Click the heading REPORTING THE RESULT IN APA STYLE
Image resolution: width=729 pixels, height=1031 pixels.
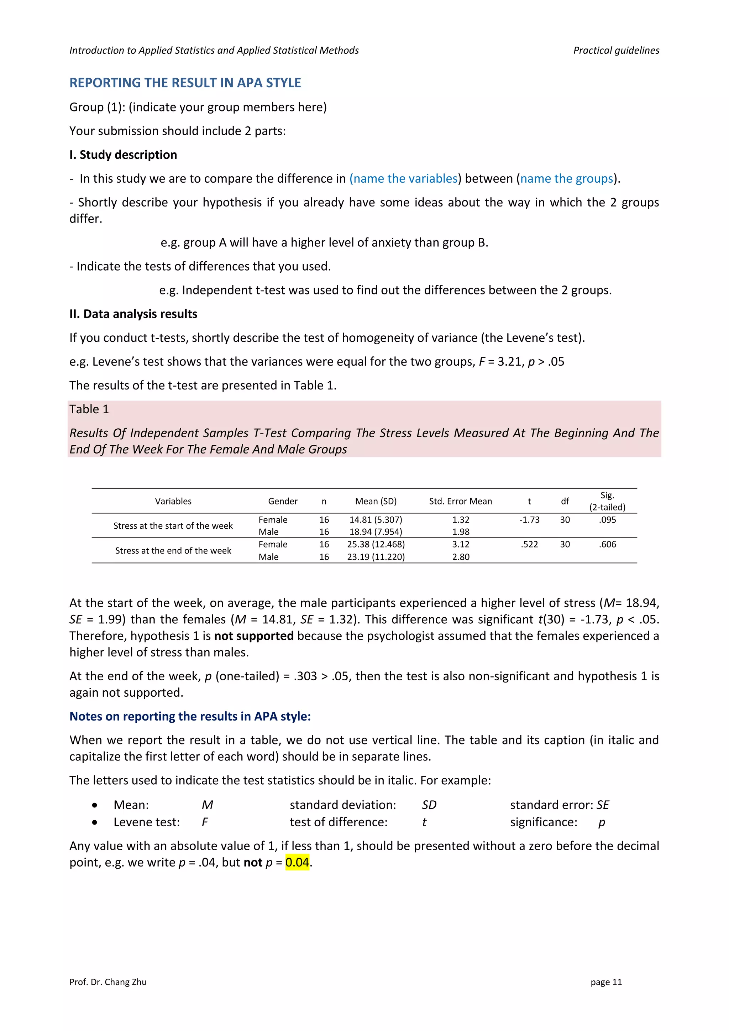coord(185,83)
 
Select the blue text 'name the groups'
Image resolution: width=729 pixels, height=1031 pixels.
coord(566,179)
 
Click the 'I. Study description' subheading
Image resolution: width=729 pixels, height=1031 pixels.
coord(123,155)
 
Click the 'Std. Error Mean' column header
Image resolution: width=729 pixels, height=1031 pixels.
coord(460,501)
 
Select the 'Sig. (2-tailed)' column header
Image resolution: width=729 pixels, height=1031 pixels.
coord(607,501)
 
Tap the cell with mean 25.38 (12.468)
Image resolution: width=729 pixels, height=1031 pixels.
coord(376,544)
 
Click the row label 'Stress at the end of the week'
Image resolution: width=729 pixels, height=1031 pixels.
coord(173,550)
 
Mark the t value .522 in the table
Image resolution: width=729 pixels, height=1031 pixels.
coord(529,544)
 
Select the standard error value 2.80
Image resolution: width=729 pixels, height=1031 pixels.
coord(461,557)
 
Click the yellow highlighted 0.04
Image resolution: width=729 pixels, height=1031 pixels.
coord(297,862)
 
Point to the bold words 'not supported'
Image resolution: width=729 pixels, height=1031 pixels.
coord(254,636)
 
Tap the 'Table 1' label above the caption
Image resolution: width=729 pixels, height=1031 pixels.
coord(89,409)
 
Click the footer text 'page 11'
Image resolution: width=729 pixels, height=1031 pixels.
coord(606,982)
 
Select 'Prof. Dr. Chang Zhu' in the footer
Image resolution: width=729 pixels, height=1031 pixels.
coord(108,982)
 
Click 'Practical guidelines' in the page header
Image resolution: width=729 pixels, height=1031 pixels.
coord(616,50)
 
